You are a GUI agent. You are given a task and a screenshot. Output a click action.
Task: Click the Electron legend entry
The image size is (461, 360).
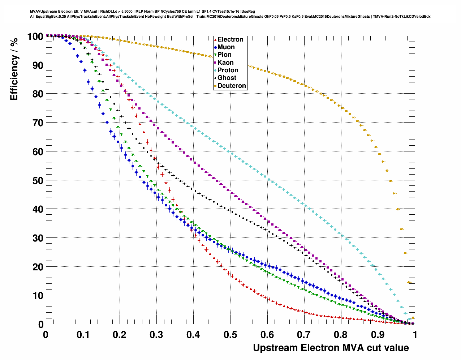(230, 39)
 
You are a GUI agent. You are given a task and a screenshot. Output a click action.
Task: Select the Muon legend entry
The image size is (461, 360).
(226, 47)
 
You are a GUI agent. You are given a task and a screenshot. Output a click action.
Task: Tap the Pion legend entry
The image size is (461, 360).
(224, 55)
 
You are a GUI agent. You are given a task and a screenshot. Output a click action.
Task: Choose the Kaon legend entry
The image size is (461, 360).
(225, 63)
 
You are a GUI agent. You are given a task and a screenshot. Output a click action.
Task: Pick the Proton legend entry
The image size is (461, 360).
(228, 70)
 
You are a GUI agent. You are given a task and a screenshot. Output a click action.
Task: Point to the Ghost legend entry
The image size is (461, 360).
(227, 78)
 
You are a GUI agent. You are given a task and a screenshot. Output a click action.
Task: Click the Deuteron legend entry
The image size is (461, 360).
(232, 86)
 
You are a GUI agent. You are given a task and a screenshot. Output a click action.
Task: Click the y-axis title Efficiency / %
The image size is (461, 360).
(14, 69)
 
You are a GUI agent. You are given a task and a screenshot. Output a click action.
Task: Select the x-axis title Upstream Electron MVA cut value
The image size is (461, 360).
(331, 348)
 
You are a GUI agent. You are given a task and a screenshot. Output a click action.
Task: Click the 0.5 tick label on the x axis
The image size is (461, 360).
(231, 335)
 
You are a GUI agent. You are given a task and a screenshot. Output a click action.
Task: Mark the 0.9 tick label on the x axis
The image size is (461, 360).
(378, 335)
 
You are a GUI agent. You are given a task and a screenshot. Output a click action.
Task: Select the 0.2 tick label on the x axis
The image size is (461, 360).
(120, 335)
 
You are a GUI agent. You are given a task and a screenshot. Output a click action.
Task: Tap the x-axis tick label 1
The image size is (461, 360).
(415, 335)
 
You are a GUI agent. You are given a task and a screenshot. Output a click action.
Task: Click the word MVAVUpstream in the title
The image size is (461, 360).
(43, 12)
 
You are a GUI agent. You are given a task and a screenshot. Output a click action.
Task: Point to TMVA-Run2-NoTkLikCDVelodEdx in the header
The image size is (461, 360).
(402, 17)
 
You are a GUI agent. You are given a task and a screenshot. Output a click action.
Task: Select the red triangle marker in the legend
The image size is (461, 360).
(215, 40)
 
